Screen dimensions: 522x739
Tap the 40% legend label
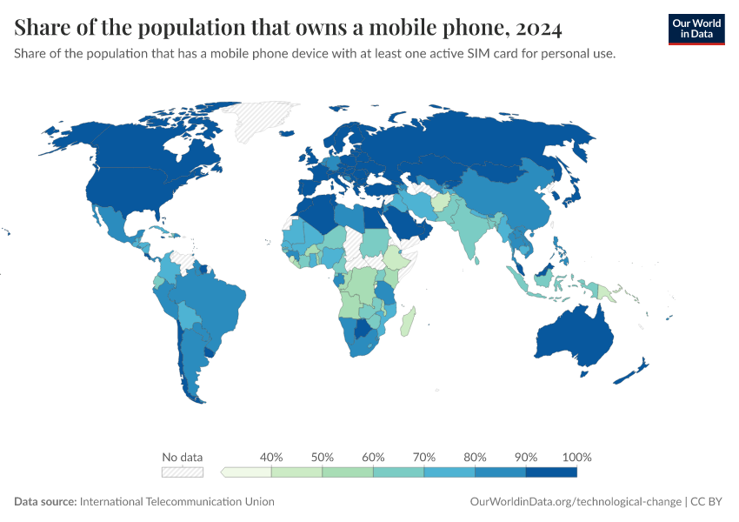tap(271, 457)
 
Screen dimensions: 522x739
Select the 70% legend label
tap(424, 457)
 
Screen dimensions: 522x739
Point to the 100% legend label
tap(576, 457)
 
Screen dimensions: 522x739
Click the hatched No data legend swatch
tap(183, 472)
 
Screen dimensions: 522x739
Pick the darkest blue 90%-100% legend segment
tap(551, 472)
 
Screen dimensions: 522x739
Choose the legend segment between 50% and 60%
tap(348, 472)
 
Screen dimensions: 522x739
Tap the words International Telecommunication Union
tap(176, 501)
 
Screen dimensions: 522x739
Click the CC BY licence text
tap(709, 501)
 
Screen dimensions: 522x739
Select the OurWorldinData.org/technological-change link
tap(575, 501)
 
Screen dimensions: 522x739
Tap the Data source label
tap(45, 501)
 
